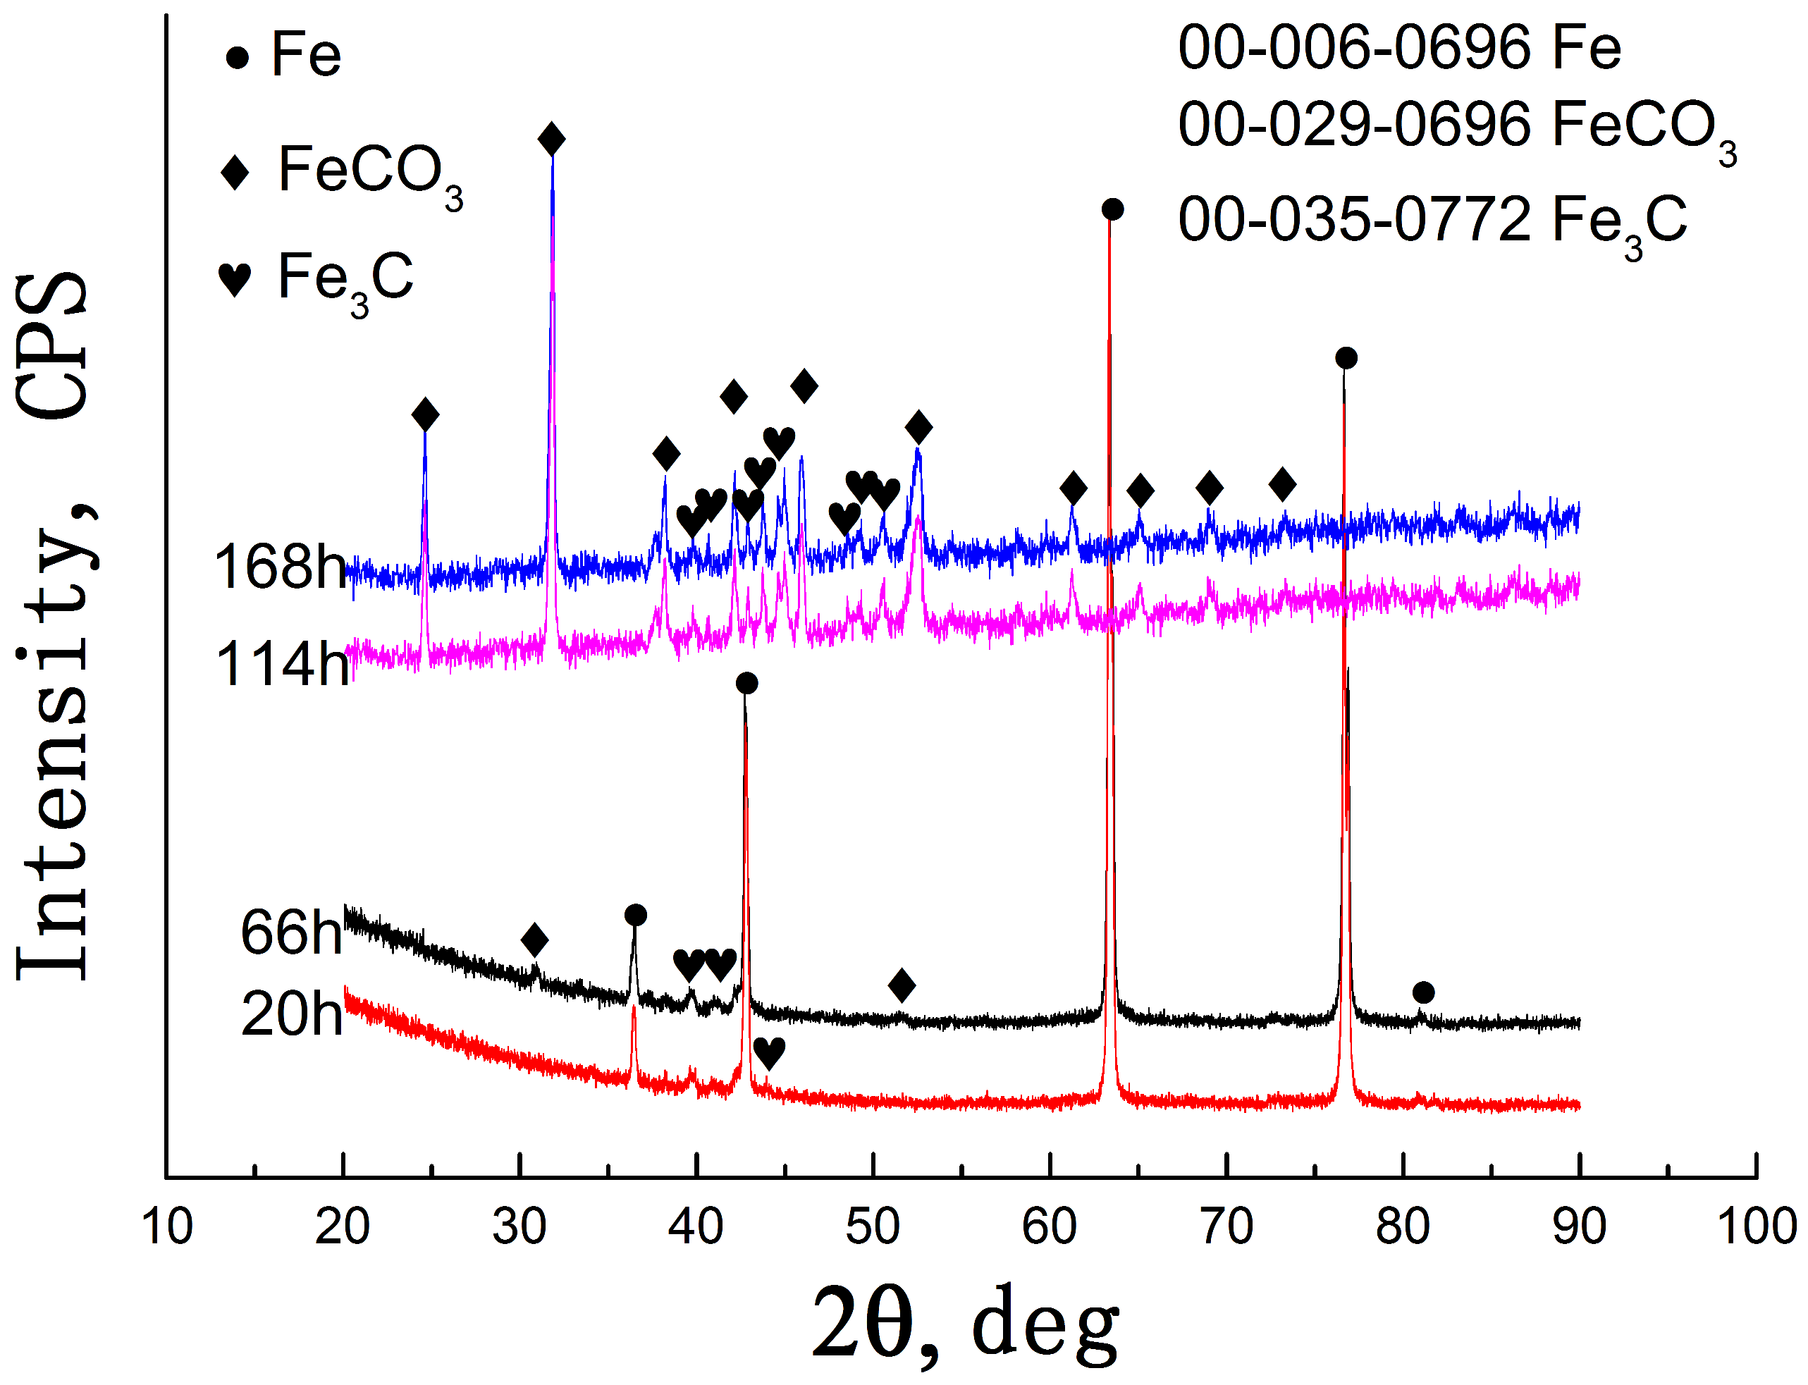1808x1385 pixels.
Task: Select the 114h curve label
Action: point(282,665)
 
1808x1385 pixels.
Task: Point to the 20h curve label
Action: point(291,1014)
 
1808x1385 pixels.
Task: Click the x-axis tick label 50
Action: point(872,1226)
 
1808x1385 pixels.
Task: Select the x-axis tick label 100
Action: point(1756,1226)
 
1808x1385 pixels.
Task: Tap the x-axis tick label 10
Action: point(166,1226)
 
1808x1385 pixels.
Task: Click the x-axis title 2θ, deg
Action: point(964,1323)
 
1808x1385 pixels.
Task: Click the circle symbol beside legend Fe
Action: point(238,58)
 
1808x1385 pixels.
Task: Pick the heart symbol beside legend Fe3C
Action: point(234,281)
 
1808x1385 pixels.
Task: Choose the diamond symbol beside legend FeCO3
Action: point(235,173)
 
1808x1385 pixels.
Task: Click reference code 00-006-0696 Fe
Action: point(1399,47)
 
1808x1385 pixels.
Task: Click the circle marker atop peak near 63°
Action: point(1112,209)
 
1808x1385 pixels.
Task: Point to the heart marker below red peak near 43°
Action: point(768,1054)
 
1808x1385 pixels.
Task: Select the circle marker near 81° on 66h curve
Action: point(1423,992)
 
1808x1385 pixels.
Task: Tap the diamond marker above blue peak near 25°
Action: point(424,414)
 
